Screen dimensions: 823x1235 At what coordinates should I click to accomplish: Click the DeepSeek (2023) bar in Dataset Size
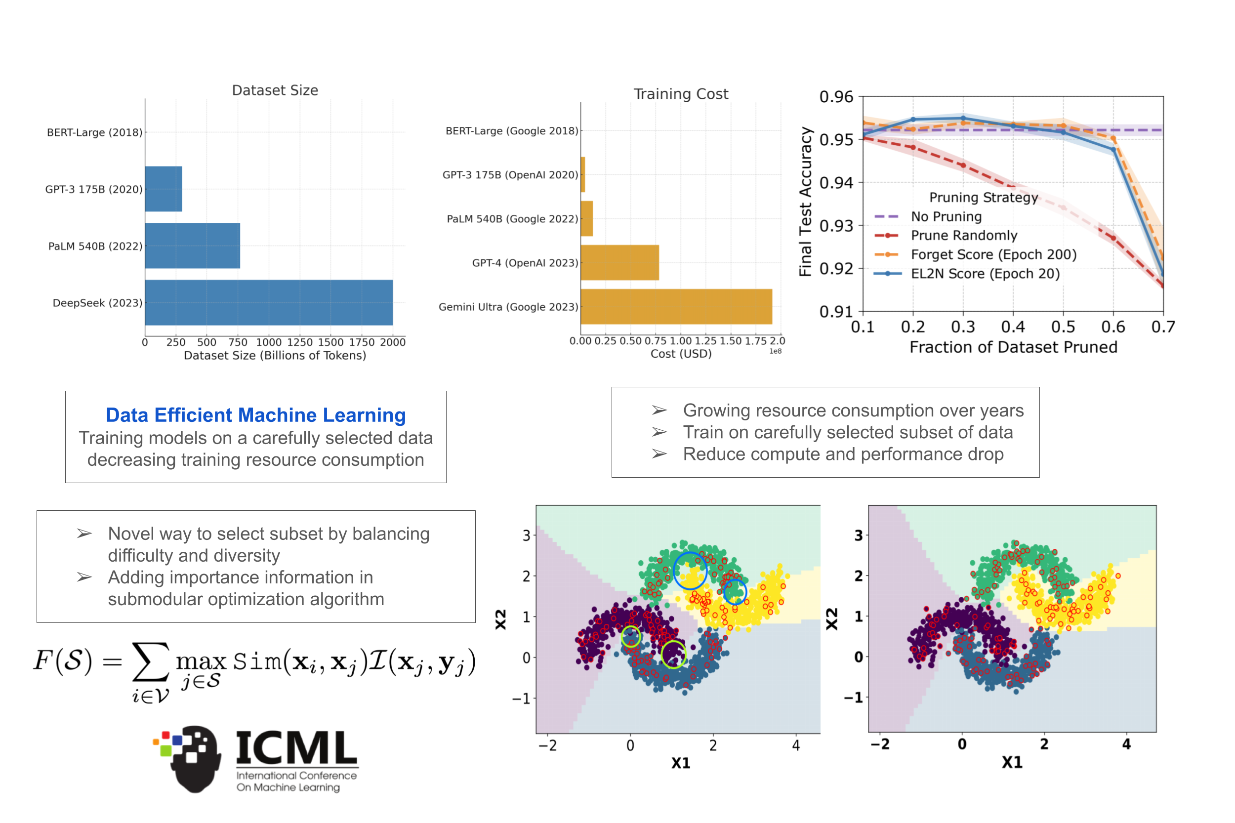tap(268, 302)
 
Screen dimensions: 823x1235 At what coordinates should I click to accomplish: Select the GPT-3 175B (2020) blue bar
tap(163, 189)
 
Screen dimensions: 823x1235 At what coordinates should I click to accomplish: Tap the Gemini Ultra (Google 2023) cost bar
tap(675, 306)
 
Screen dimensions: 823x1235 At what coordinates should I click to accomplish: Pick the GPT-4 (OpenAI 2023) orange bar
tap(619, 262)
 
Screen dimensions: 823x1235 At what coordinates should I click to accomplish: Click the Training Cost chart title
tap(681, 94)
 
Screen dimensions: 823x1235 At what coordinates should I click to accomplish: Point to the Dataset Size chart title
tap(275, 90)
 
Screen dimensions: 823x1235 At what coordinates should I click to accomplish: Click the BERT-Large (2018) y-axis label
tap(94, 132)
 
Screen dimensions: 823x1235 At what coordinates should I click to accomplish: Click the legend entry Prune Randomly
tap(964, 235)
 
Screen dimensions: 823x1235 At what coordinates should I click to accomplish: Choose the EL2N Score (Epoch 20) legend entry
tap(985, 274)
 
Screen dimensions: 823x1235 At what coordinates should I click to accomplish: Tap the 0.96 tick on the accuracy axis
tap(836, 97)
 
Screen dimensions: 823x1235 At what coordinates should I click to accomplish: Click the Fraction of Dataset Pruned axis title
tap(1013, 347)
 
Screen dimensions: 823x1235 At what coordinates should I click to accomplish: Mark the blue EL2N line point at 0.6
tap(1113, 150)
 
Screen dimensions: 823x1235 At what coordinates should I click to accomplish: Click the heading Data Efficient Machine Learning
tap(255, 415)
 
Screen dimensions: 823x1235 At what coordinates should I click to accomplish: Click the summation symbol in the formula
tap(151, 662)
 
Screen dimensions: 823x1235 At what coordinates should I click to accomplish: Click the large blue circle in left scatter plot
tap(690, 571)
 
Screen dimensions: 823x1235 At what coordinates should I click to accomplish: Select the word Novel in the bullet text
tap(132, 534)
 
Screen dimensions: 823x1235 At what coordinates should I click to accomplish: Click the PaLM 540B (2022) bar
tap(192, 246)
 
